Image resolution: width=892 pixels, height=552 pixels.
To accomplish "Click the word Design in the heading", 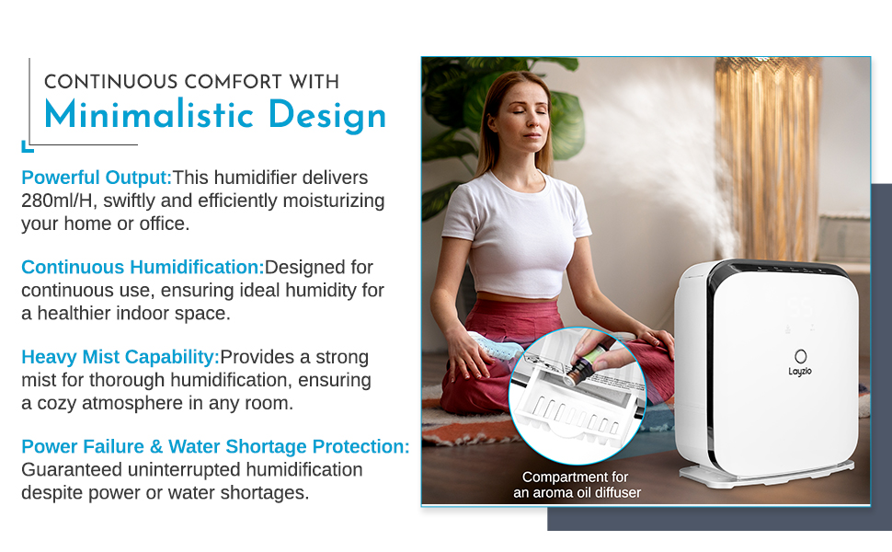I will pos(327,116).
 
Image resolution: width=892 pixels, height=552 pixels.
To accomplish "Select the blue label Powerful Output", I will pos(97,178).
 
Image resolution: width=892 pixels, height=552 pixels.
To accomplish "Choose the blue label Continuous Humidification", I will pos(143,267).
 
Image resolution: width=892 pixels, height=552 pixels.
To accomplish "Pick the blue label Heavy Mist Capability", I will pos(120,356).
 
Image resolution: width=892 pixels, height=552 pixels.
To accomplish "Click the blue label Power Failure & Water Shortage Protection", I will pos(215,446).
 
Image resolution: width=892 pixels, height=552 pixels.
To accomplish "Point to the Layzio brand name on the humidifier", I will pos(800,372).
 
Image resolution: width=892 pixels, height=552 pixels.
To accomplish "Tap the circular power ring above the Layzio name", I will pos(800,355).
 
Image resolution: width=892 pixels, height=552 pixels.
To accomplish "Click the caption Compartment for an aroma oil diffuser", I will pos(577,485).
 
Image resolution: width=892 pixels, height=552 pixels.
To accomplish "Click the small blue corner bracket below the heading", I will pos(27,145).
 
